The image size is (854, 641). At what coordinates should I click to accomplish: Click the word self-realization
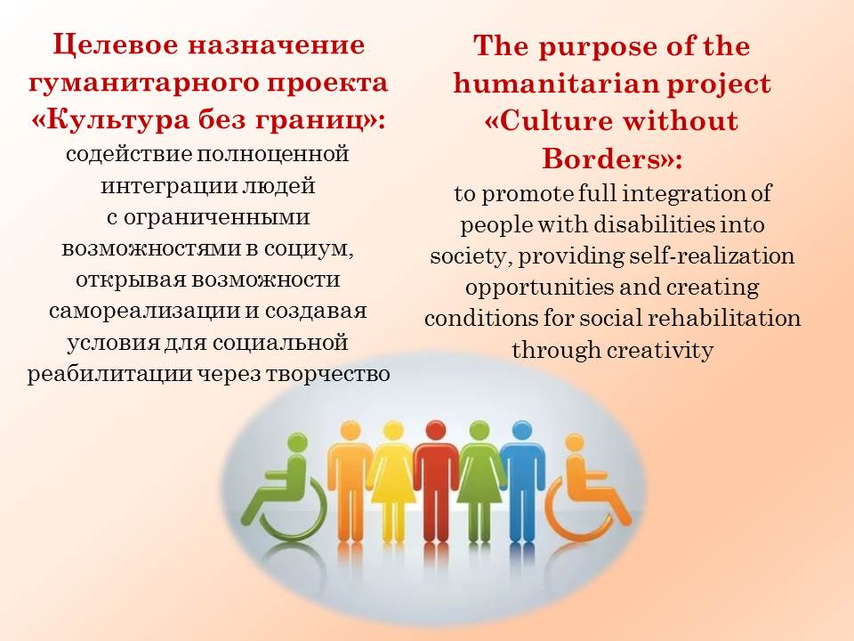coord(712,256)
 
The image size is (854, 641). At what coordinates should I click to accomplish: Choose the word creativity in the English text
coord(659,350)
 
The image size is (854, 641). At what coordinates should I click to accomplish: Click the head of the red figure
coord(435,431)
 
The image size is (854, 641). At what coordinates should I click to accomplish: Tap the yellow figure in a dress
coord(392,481)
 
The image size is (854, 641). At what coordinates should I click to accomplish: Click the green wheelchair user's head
coord(297,442)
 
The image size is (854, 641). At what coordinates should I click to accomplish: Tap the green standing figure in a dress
coord(479,481)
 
